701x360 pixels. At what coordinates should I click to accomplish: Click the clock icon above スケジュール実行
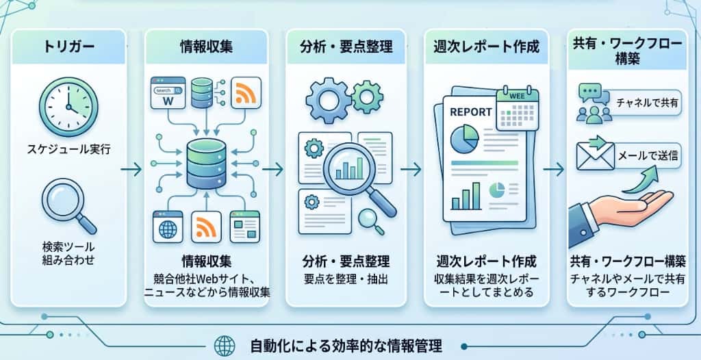pos(68,107)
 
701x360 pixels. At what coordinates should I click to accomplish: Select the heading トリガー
pos(69,47)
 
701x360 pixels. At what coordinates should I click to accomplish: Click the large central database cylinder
pos(206,163)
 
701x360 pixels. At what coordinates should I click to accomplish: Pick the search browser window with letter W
pos(168,92)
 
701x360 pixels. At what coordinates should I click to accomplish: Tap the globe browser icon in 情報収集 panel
pos(168,227)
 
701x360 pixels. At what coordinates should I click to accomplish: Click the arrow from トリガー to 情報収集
pos(131,169)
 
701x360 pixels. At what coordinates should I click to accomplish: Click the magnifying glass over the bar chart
pos(357,175)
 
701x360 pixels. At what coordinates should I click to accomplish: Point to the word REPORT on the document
pos(471,112)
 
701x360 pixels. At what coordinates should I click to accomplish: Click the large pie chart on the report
pos(465,138)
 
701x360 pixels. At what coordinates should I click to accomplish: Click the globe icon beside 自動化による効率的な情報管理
pos(225,346)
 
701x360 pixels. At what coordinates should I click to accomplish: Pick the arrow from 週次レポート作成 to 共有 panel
pos(553,169)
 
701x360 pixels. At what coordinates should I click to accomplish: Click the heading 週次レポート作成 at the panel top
pos(487,47)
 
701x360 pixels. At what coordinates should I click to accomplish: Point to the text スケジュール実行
pos(68,149)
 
